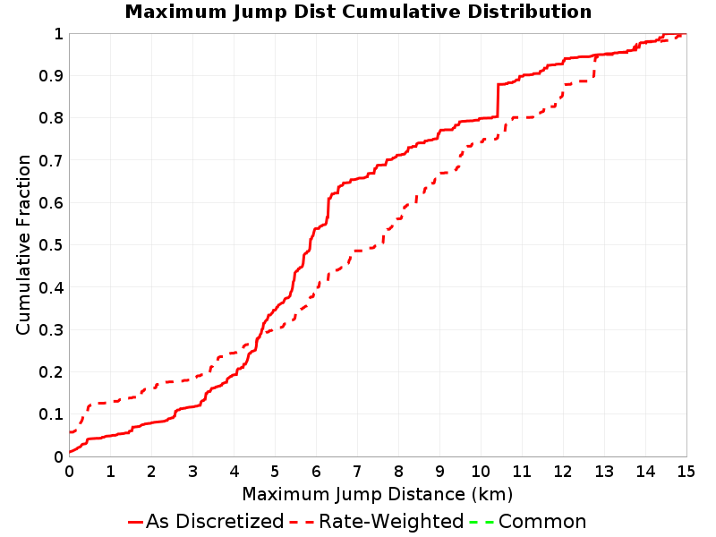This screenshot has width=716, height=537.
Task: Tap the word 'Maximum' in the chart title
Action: [x=175, y=12]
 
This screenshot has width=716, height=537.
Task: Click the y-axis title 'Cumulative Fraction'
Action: [x=23, y=244]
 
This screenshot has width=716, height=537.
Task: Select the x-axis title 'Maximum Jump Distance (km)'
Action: [x=377, y=494]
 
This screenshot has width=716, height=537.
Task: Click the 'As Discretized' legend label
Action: [x=215, y=521]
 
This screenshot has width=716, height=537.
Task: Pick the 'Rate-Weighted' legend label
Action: [x=391, y=521]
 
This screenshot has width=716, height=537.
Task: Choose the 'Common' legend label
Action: [x=542, y=521]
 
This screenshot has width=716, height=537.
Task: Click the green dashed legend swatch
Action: [x=482, y=522]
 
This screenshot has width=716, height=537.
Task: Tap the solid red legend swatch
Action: [x=136, y=522]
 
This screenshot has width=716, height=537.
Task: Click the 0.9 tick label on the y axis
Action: [x=51, y=76]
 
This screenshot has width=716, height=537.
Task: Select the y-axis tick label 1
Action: [x=58, y=33]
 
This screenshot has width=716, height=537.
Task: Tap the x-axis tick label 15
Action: [x=686, y=472]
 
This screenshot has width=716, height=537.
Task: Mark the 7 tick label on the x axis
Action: [x=357, y=472]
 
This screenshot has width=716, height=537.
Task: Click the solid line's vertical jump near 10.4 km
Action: [x=498, y=100]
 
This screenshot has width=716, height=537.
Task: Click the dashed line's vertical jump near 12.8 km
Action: [x=593, y=69]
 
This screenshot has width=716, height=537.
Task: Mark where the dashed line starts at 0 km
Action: [x=70, y=431]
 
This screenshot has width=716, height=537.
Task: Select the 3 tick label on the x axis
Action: [x=192, y=472]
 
